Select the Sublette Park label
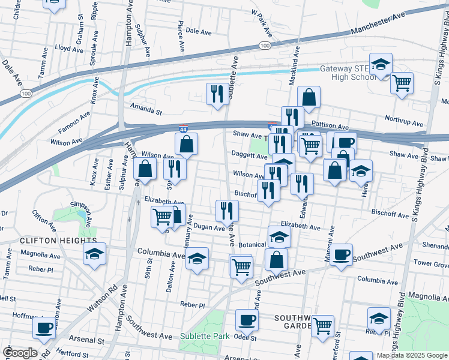(x=205, y=337)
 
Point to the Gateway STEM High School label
(x=347, y=73)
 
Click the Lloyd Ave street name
(x=68, y=47)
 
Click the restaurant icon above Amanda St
(x=217, y=94)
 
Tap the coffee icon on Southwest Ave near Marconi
(x=342, y=254)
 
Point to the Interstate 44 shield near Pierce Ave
(x=184, y=128)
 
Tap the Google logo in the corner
(x=19, y=353)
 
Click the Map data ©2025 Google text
(x=411, y=355)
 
